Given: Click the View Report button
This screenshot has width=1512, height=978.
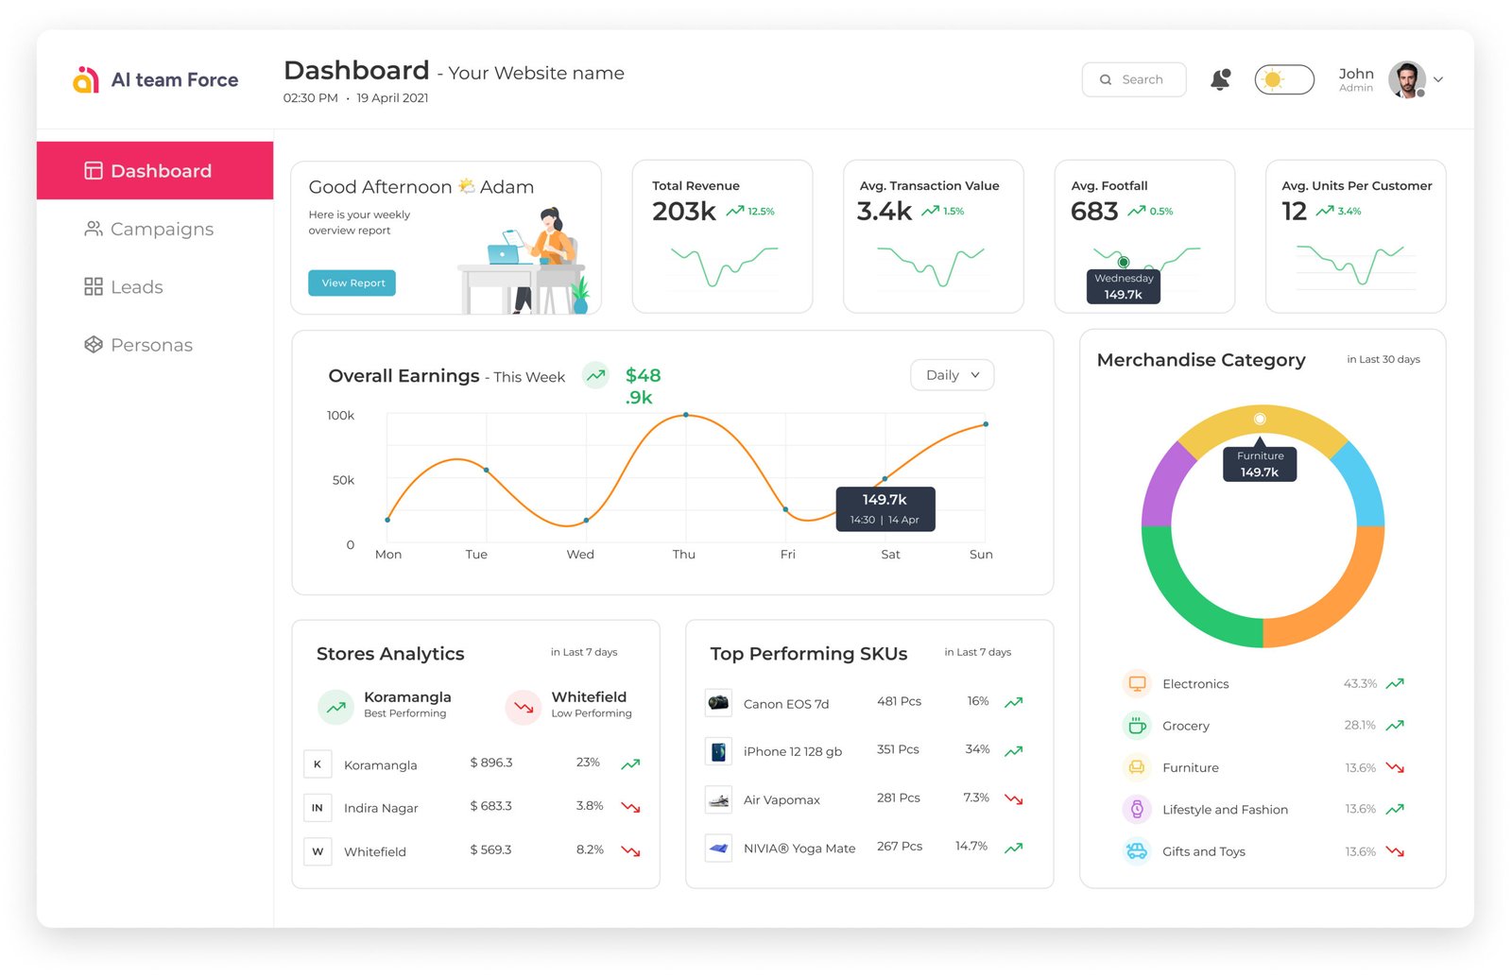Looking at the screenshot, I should point(352,283).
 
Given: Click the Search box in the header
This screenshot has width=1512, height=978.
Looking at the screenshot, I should point(1133,80).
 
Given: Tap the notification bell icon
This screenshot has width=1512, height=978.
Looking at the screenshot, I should point(1220,79).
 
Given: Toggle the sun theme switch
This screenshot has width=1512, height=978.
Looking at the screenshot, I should point(1283,79).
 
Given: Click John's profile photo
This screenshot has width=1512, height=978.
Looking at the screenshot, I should point(1406,80).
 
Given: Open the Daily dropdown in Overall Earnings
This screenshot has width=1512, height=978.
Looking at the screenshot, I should point(952,375).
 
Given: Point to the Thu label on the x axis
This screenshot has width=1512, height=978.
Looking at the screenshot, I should point(683,555).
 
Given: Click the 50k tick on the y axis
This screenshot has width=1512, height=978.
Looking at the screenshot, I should point(343,481).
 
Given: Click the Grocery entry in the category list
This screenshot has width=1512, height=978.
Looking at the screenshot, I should point(1185,726).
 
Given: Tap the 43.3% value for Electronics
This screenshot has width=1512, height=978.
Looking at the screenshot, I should point(1360,684).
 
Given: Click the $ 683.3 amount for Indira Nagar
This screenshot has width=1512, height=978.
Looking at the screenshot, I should point(490,806).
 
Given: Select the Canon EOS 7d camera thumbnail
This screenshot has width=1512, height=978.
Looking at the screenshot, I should point(718,703).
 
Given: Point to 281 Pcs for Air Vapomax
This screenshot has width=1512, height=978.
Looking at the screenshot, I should point(898,798).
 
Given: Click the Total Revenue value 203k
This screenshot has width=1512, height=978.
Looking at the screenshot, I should point(683,212).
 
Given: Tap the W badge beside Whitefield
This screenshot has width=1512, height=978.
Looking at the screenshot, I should point(318,851).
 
